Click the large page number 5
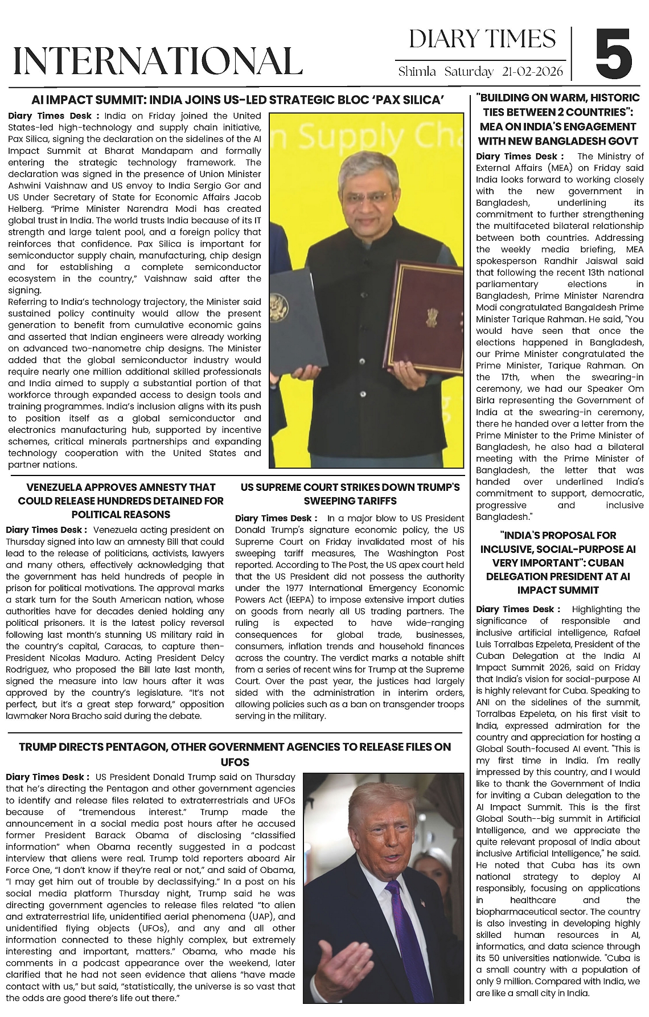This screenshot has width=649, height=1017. (x=614, y=53)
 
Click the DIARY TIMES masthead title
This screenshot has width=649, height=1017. (x=482, y=39)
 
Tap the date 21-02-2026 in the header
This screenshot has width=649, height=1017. (x=533, y=72)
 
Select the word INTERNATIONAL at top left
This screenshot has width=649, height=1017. (x=158, y=61)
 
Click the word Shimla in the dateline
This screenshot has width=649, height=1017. (x=417, y=72)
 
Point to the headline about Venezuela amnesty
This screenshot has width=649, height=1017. (x=121, y=501)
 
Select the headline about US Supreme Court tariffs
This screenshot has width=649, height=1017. (x=350, y=494)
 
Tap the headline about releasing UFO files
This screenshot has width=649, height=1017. (x=235, y=754)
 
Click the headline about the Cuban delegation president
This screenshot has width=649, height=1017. (x=557, y=563)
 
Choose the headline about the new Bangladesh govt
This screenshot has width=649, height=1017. (x=558, y=119)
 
